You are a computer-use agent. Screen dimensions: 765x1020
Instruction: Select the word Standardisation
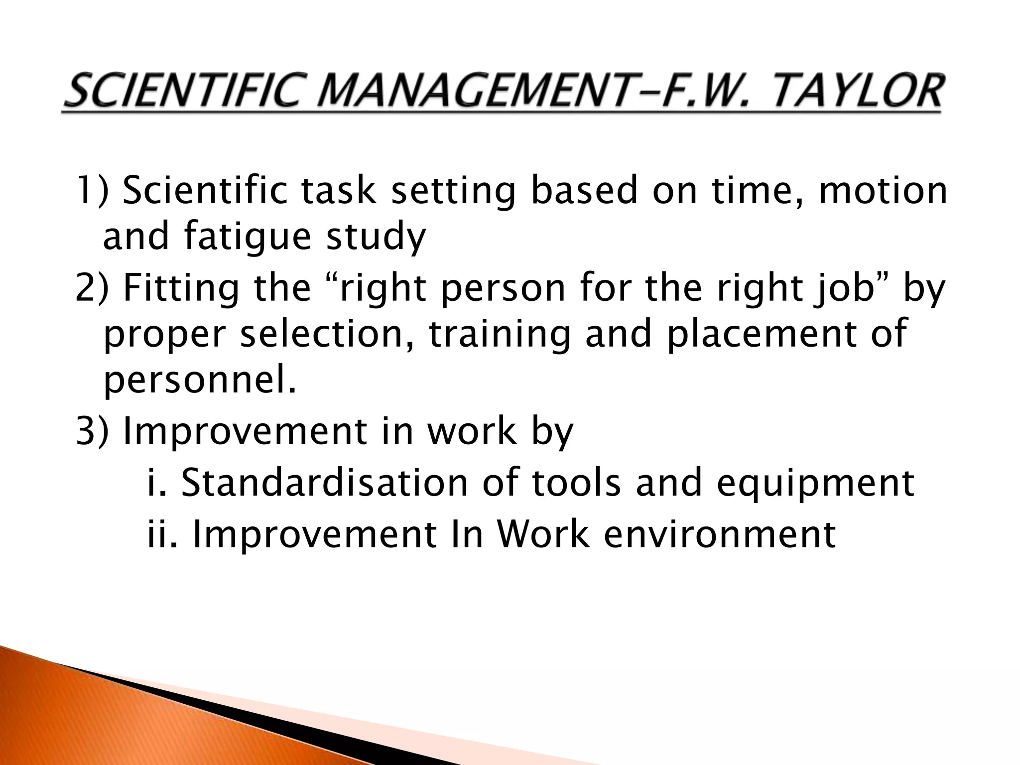tap(324, 483)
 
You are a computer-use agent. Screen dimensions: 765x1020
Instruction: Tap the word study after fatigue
tap(376, 238)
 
